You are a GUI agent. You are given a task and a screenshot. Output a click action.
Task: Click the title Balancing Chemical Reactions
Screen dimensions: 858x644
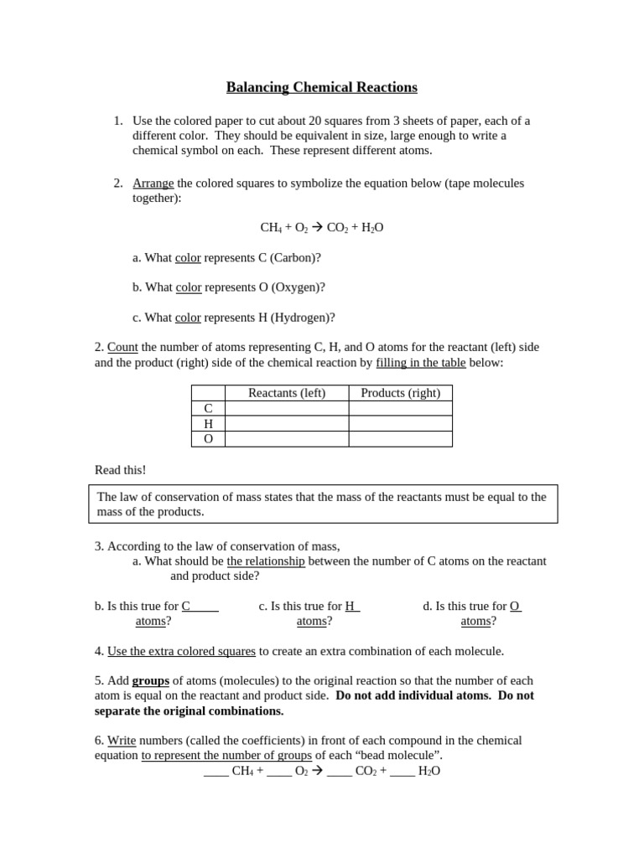321,88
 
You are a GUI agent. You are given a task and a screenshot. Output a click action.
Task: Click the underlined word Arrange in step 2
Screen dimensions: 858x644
153,183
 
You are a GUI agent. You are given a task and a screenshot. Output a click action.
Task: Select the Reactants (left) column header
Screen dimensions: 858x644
287,393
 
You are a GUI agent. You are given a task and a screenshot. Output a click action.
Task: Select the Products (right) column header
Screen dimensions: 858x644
400,393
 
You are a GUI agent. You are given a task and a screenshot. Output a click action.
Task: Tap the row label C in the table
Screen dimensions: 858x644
208,409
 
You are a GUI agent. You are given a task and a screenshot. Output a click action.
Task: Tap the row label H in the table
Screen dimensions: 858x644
208,424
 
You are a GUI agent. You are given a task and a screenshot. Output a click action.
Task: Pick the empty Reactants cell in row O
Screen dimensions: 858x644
287,439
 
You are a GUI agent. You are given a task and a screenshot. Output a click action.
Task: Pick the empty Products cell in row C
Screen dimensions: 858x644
400,409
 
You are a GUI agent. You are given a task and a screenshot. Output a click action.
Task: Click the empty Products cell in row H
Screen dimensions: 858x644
400,424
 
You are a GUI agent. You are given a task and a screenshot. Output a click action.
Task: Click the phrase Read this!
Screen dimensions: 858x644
120,470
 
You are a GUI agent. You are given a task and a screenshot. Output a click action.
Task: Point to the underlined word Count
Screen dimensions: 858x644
122,348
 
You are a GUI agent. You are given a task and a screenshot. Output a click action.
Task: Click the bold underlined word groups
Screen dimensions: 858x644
150,681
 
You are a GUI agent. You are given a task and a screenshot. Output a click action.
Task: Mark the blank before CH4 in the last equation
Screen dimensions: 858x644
216,772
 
